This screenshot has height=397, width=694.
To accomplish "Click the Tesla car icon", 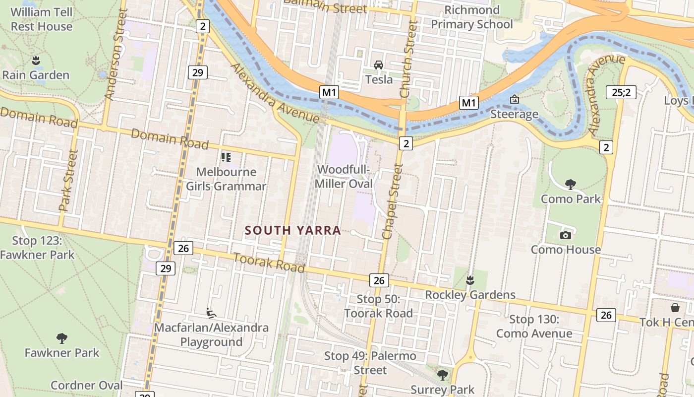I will (379, 65).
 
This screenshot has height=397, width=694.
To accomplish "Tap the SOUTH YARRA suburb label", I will (292, 230).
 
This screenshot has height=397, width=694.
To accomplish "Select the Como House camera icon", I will (565, 235).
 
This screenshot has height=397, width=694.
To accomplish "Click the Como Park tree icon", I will (570, 185).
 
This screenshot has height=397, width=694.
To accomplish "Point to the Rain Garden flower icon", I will (36, 61).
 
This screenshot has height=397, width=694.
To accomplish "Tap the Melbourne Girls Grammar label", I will (226, 179).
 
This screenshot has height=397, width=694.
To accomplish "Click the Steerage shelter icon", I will (514, 100).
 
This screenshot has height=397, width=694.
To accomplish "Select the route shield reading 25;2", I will (621, 92).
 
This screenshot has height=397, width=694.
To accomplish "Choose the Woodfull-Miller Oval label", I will (344, 177).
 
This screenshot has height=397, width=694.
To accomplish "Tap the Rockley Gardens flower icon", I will (470, 281).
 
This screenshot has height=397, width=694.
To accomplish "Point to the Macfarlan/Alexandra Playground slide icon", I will (211, 313).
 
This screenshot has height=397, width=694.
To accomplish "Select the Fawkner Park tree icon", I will (62, 338).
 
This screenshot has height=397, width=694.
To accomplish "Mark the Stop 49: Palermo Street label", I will (370, 363).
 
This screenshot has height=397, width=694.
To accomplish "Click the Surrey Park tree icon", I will (442, 375).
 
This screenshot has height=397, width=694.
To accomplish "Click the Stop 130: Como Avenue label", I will (534, 327).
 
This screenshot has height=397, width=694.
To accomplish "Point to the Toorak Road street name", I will (268, 262).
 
